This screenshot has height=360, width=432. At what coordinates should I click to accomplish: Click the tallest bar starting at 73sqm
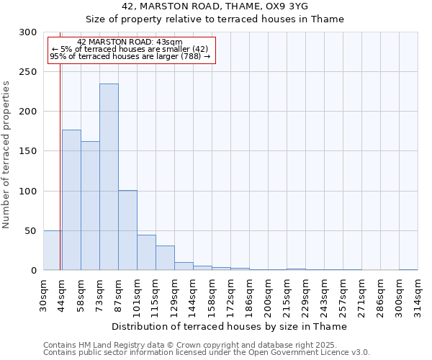click(109, 177)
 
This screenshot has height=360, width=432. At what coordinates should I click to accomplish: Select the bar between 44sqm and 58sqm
click(71, 200)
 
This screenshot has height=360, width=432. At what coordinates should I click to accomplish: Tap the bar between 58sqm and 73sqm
click(90, 206)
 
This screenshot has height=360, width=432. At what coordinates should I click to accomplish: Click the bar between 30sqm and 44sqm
click(53, 251)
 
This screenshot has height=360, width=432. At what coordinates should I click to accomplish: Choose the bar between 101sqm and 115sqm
click(146, 253)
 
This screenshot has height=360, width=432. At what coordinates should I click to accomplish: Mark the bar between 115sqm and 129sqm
click(165, 258)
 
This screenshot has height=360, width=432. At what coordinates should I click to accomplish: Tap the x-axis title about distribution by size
click(230, 327)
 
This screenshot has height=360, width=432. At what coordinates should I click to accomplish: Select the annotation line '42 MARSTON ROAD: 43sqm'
click(130, 42)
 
